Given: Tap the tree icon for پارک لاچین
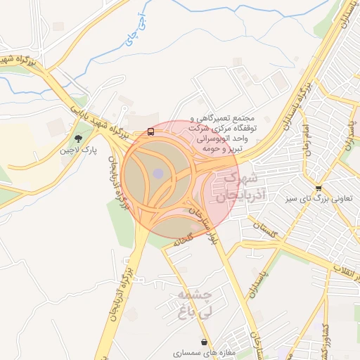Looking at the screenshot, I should [77, 138].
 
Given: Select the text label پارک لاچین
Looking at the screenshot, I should [78, 150].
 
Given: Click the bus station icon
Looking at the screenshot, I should [151, 131].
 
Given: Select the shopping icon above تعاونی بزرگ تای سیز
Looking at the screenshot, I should [319, 188].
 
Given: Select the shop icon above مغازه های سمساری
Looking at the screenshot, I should [204, 342].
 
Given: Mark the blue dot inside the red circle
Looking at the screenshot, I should [158, 173].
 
